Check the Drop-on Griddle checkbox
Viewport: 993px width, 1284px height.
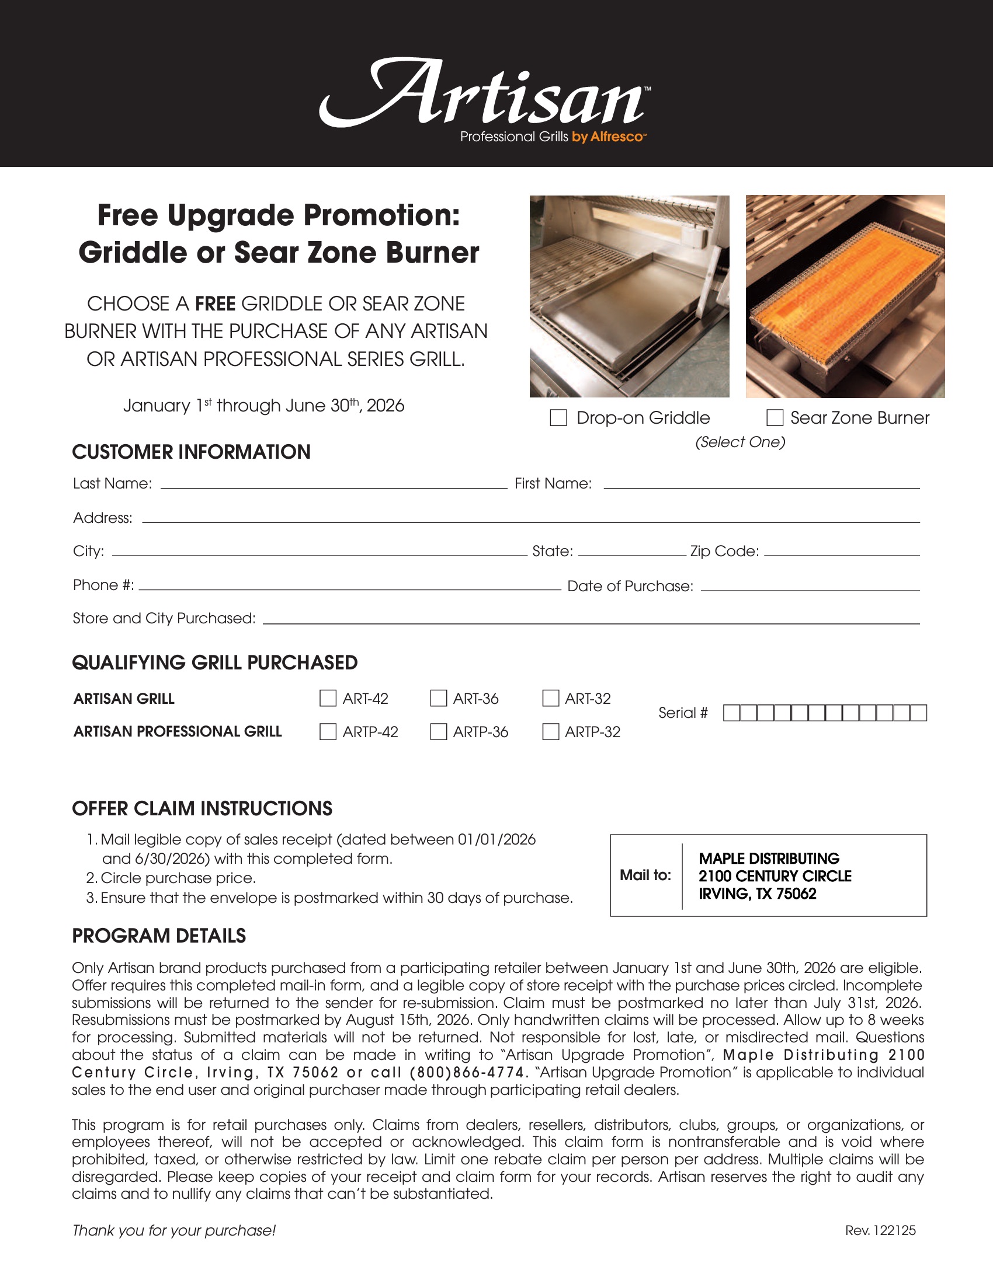coord(558,418)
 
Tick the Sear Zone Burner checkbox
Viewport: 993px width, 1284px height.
coord(775,418)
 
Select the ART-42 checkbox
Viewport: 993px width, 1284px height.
coord(328,699)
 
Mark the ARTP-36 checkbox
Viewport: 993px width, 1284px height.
coord(438,732)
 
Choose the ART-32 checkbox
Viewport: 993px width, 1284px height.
coord(551,699)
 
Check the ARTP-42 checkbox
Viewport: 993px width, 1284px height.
coord(328,732)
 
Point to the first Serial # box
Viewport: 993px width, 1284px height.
coord(731,713)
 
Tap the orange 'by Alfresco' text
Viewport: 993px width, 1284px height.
coord(609,137)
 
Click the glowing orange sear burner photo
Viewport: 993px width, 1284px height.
coord(845,296)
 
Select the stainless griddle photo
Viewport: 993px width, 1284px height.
coord(630,296)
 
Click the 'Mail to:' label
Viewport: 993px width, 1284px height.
coord(645,875)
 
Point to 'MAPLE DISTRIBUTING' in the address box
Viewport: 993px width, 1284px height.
coord(769,859)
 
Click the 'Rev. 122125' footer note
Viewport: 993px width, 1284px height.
coord(880,1230)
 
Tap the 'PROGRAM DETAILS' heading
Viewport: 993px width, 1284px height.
coord(159,936)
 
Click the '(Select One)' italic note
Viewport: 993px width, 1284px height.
coord(740,442)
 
